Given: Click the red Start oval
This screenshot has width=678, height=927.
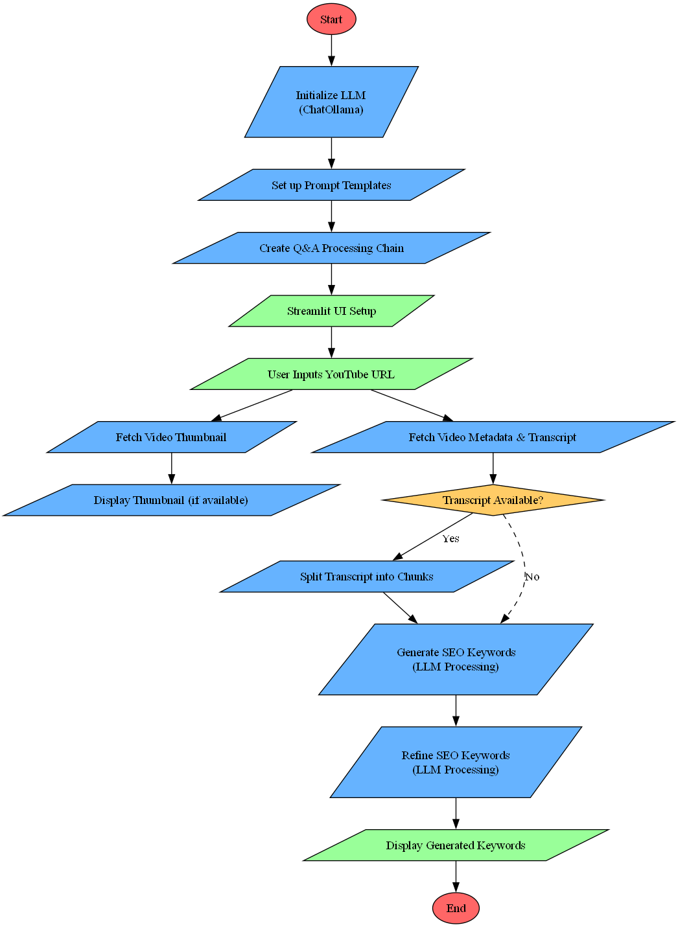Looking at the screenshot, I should tap(331, 19).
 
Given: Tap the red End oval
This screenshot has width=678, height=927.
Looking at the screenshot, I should tap(456, 908).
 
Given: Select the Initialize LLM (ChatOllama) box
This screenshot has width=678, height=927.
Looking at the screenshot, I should tap(331, 102).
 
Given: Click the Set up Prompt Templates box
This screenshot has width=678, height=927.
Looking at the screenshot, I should tap(331, 185).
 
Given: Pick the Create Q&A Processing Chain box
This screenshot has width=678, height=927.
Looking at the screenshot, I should tap(331, 248).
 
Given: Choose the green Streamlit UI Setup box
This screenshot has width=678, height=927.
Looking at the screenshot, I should tap(331, 311).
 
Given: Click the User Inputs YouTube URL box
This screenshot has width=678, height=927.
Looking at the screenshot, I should tap(331, 374).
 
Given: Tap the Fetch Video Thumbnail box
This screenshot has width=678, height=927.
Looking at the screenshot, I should tap(171, 437).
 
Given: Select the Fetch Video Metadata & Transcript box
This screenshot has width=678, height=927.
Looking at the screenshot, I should tap(493, 437).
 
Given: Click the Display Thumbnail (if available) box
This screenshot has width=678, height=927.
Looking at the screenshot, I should tap(171, 500).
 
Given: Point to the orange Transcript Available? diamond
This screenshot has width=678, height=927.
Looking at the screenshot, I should tap(493, 500).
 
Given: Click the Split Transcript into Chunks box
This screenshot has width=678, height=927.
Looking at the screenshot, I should tap(367, 577).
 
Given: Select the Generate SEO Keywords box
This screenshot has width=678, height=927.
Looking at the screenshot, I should tap(456, 659).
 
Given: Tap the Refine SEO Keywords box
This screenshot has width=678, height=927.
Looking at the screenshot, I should tap(456, 762).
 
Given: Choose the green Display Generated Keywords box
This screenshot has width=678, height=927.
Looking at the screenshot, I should tap(456, 845).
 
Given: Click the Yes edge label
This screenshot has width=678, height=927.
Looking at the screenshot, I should tap(450, 539).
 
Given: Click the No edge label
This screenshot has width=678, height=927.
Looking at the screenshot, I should tap(532, 577).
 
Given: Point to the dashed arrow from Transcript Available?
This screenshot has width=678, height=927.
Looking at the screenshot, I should tap(524, 557).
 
